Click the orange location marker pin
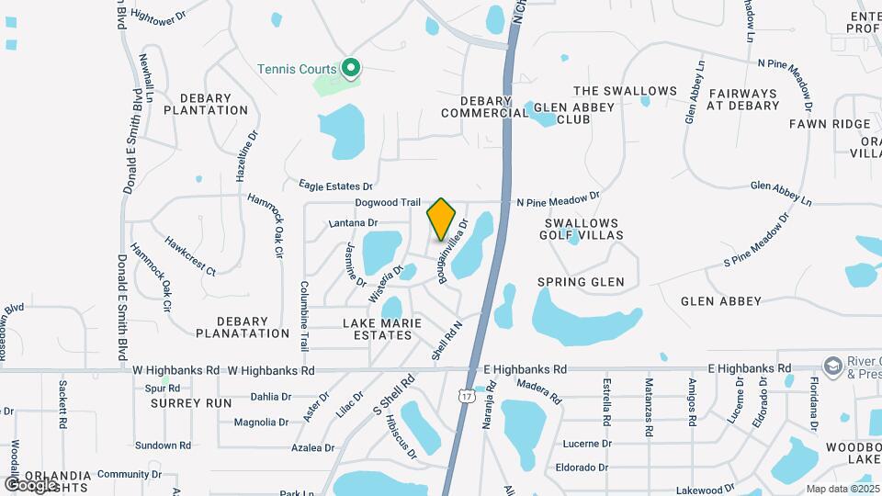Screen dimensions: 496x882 point(442,219)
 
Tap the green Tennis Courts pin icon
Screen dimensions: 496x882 point(350,68)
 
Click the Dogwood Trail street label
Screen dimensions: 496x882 point(389,203)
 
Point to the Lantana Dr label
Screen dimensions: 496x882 point(354,222)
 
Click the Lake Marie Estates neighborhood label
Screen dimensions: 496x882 point(382,329)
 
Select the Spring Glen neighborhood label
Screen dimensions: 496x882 point(581,282)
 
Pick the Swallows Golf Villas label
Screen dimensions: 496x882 point(584,229)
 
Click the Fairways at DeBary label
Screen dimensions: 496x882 point(742,99)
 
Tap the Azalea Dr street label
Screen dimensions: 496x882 point(312,448)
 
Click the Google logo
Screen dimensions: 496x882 point(31,484)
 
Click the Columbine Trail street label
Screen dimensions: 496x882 point(304,316)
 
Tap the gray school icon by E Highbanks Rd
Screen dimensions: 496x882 point(834,366)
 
